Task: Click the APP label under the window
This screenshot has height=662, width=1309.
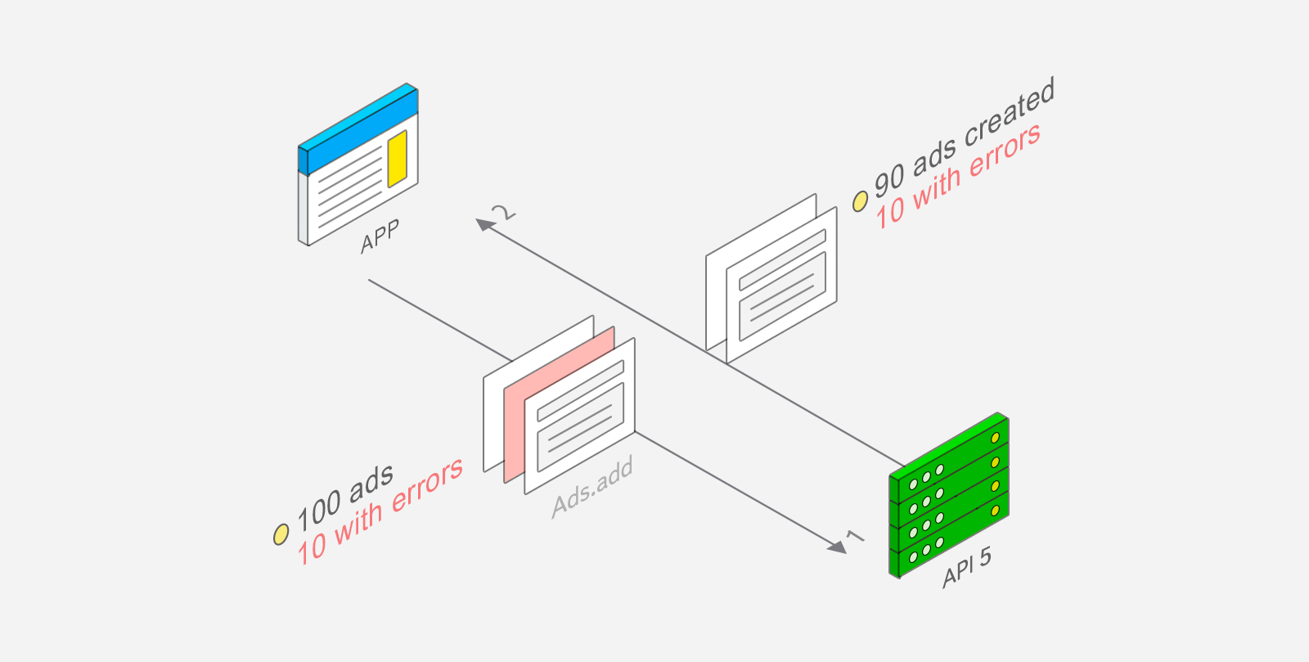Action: coord(380,236)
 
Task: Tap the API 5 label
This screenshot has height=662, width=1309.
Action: coord(967,567)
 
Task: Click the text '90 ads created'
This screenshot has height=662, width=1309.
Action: coord(965,138)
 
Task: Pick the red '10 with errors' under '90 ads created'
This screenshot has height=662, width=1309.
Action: coord(958,177)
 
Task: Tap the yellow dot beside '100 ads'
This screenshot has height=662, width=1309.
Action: coord(281,534)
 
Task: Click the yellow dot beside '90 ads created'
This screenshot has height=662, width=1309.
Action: coord(860,201)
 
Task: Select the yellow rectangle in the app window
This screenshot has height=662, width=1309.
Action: coord(398,159)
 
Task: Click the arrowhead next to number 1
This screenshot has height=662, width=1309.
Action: coord(838,547)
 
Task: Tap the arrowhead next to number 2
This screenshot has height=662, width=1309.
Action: coord(484,224)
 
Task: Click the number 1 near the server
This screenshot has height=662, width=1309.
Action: coord(855,536)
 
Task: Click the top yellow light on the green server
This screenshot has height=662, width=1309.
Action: coord(995,438)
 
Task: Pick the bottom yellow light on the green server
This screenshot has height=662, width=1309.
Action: coord(995,511)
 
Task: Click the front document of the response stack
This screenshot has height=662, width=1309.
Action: coord(782,285)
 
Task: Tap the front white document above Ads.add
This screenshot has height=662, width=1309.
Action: coord(580,416)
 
